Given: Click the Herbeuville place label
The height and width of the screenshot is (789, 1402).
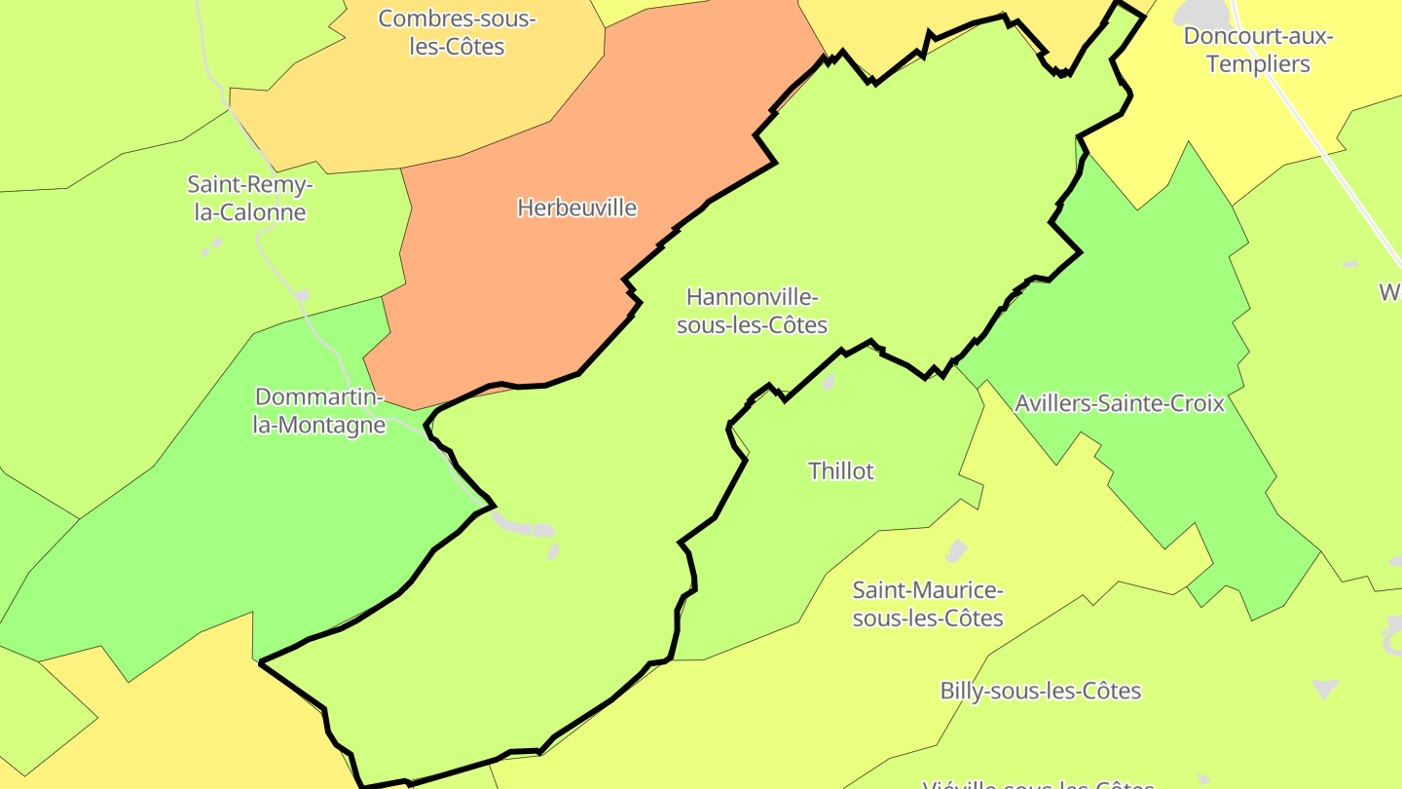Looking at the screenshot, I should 576,207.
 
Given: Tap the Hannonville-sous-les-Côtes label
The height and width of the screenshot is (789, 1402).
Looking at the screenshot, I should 752,311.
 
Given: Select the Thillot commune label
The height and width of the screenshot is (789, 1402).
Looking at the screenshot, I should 841,471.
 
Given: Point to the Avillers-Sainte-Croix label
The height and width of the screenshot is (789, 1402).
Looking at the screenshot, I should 1119,403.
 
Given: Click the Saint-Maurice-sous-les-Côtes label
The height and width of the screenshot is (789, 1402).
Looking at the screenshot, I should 927,604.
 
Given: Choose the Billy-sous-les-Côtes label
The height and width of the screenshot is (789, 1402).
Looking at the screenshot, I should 1040,691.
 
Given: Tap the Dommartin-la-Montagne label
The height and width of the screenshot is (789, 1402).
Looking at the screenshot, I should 319,411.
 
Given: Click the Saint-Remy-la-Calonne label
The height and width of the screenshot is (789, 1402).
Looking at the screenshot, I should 250,198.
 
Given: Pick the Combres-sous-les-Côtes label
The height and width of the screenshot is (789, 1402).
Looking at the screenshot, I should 457,32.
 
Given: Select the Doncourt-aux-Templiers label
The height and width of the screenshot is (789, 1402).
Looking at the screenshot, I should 1258,51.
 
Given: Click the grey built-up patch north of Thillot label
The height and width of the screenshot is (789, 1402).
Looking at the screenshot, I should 829,381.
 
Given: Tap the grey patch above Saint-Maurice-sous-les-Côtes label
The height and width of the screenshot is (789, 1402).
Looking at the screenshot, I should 957,551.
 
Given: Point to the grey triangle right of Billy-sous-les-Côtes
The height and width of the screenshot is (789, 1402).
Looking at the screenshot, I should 1326,689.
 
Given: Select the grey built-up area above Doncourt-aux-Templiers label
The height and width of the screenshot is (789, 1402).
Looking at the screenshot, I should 1203,12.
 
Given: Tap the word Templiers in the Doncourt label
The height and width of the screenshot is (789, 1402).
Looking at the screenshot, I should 1258,64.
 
